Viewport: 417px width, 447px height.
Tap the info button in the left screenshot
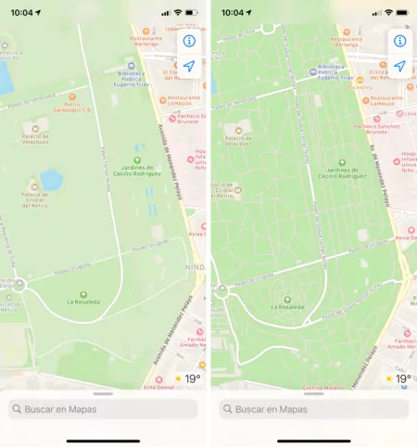[x=189, y=41]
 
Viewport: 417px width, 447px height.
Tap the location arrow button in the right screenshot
[x=400, y=67]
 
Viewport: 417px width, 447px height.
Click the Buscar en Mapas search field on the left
[x=103, y=409]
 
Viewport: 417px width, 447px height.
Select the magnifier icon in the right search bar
[x=228, y=409]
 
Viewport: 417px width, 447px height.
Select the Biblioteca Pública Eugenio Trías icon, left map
[x=132, y=67]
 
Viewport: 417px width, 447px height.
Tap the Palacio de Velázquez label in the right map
[x=232, y=142]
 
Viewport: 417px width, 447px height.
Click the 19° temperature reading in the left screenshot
[x=193, y=379]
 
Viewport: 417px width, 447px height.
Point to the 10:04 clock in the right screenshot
[x=233, y=13]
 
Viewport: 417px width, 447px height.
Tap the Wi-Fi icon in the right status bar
[x=389, y=13]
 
